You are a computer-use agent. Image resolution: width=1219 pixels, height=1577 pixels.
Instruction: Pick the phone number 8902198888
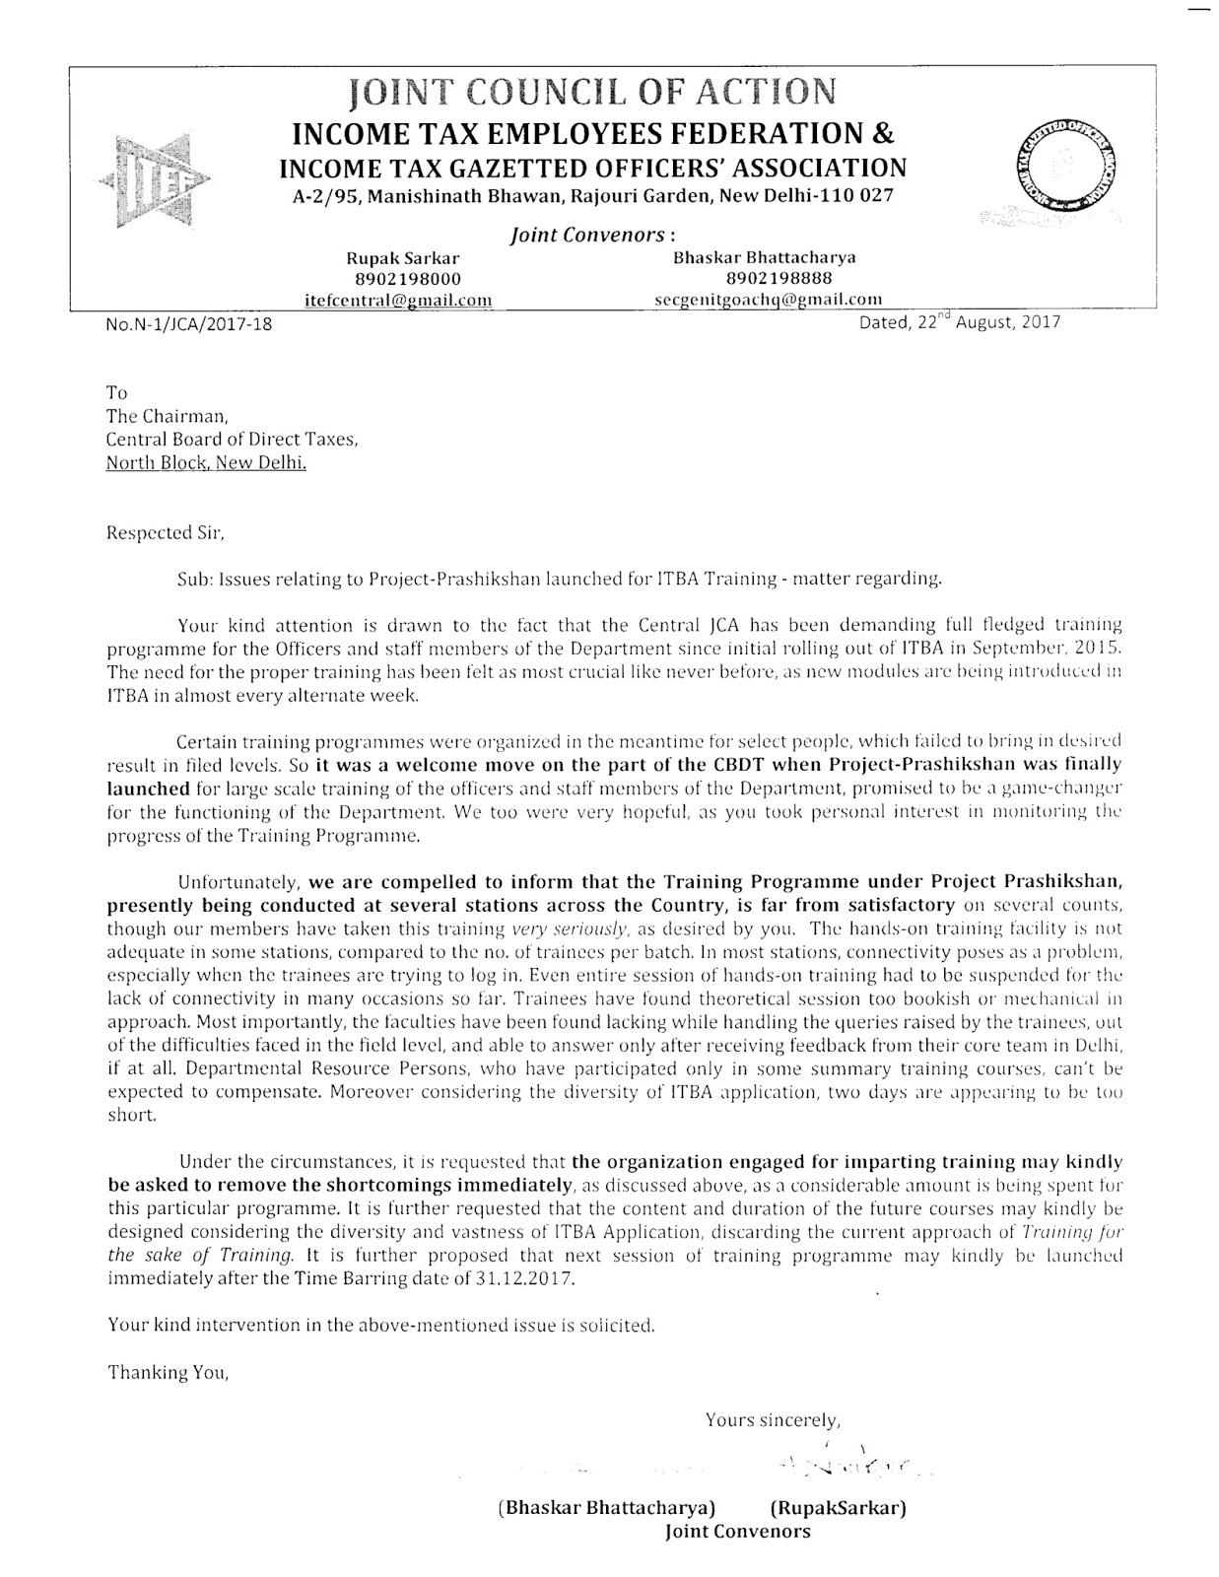tap(764, 278)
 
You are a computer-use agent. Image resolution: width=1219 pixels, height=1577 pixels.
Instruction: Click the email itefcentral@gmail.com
tap(399, 300)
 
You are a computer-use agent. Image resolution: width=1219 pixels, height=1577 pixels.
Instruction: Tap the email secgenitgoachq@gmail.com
tap(768, 299)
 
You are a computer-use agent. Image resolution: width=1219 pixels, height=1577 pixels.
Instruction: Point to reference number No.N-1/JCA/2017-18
tap(188, 323)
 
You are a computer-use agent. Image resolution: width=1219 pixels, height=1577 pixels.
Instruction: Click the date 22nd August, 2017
tap(960, 321)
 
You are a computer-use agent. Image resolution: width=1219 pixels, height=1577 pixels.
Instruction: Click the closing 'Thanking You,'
tap(168, 1372)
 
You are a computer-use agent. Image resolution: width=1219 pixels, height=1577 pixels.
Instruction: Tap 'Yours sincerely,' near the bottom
tap(773, 1420)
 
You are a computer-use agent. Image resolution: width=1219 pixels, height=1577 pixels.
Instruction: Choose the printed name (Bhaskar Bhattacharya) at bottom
tap(607, 1508)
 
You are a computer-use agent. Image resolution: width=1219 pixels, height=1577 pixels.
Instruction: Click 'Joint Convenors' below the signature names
tap(738, 1532)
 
